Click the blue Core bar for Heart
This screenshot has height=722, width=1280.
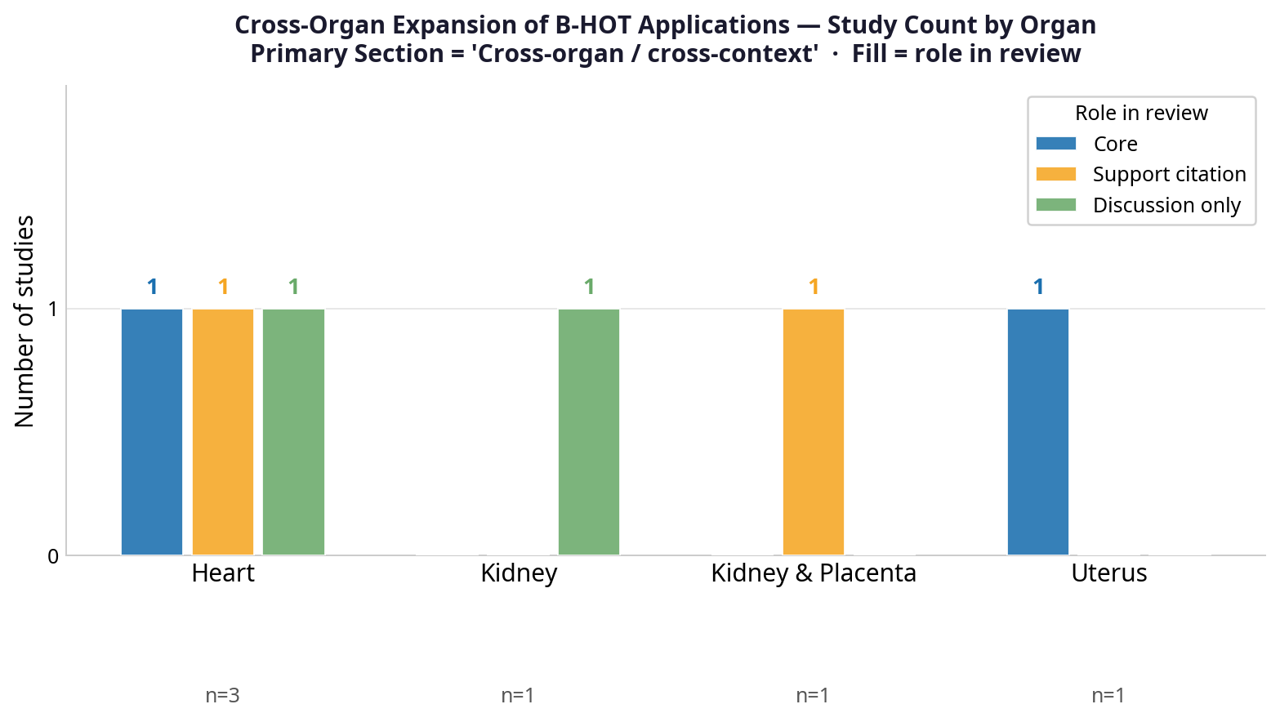coord(152,432)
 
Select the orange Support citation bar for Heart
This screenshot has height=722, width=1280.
coord(223,432)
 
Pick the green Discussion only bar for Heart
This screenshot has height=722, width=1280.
coord(293,432)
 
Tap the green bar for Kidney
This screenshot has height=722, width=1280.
coord(589,432)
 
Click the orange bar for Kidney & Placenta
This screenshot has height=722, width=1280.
coord(814,432)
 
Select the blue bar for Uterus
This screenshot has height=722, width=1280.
coord(1038,432)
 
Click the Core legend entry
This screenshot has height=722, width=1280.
coord(1115,144)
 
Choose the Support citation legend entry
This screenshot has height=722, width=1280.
coord(1169,175)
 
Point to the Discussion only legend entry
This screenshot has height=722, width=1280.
coord(1166,205)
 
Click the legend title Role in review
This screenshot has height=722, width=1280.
coord(1141,113)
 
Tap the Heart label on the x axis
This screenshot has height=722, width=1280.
coord(223,573)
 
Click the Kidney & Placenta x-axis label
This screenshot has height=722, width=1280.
coord(814,573)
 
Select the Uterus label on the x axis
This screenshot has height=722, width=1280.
coord(1109,573)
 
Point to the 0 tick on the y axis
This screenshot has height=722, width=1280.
coord(53,556)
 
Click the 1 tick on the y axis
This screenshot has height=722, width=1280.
coord(53,310)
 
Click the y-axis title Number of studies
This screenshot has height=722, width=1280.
coord(25,321)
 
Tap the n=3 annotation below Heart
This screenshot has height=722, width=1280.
coord(222,696)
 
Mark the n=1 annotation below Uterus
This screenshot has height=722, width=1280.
coord(1108,696)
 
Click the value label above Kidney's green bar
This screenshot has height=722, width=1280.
coord(589,287)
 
